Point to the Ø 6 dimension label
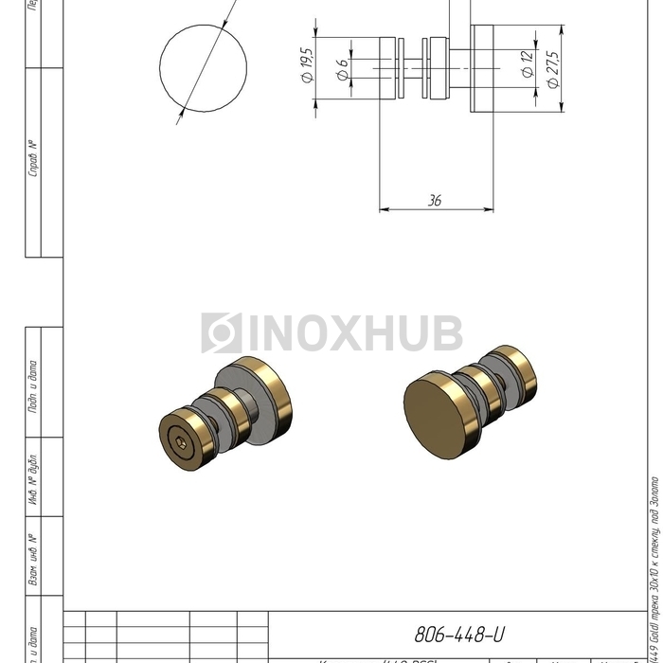coord(342,69)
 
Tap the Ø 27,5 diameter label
coord(553,69)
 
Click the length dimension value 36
coord(435,201)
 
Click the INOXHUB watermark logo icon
coord(222,333)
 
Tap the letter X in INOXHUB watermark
coord(344,333)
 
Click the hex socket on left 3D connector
coord(180,440)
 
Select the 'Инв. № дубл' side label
coord(34,478)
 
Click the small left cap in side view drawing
coord(389,68)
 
